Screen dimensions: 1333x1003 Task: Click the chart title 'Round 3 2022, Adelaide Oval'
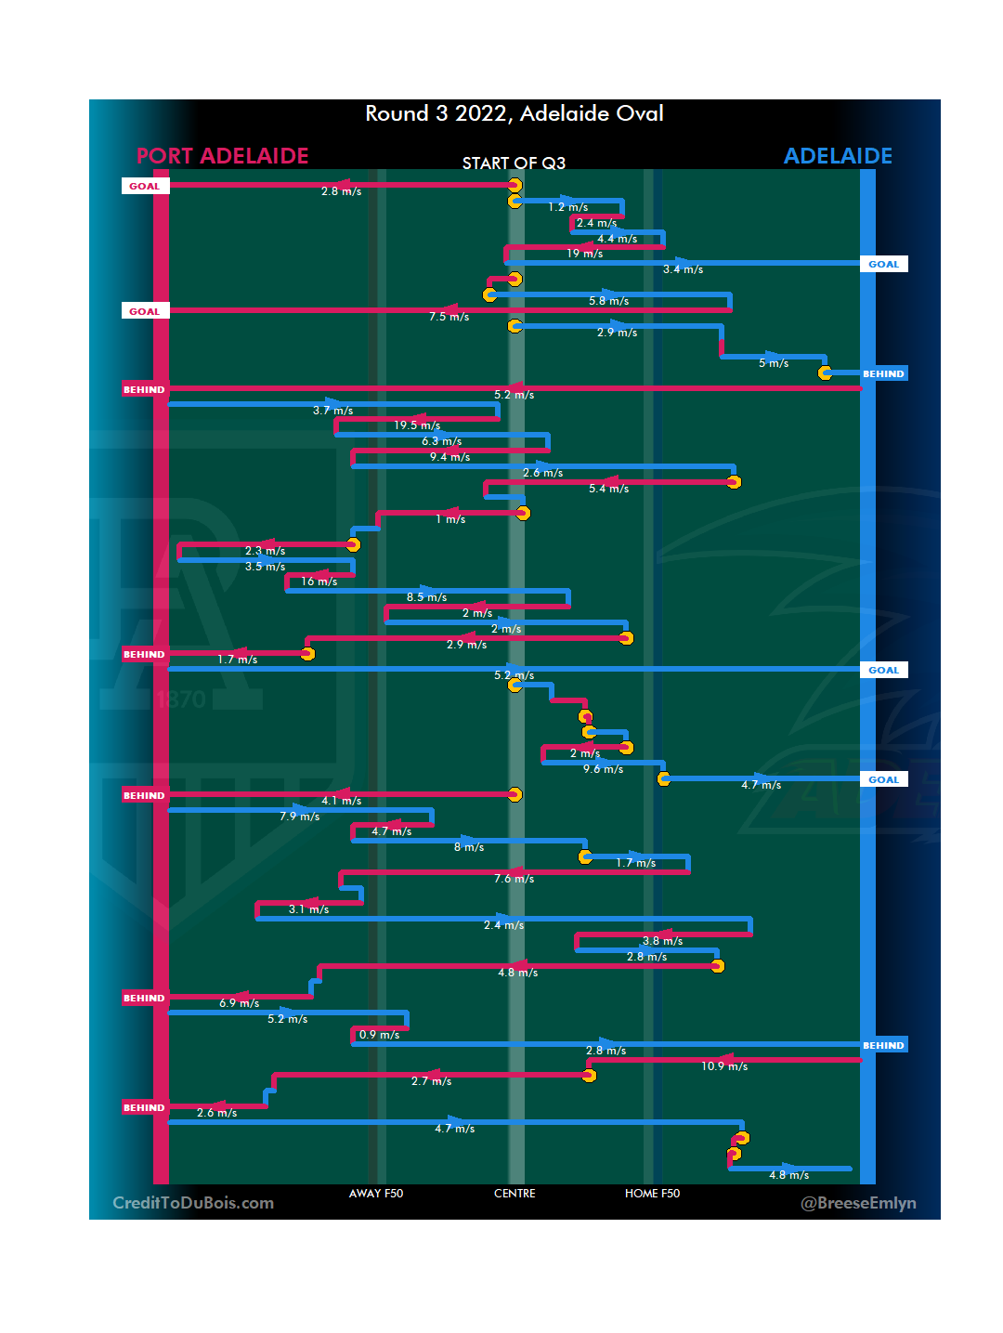point(514,113)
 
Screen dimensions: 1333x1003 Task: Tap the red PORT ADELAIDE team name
point(222,156)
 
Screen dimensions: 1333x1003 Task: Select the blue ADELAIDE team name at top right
point(837,156)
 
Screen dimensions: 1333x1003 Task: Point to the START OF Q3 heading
point(514,163)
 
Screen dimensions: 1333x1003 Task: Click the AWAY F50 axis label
point(375,1194)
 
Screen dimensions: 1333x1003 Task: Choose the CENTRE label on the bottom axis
point(515,1194)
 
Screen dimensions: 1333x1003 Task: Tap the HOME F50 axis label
point(652,1194)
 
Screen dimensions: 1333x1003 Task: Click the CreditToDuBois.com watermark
point(193,1203)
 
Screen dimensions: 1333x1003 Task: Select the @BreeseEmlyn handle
point(858,1203)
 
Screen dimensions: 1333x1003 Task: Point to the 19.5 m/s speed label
point(417,425)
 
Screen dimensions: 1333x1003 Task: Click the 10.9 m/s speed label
point(724,1066)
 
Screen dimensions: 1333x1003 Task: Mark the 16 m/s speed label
point(319,582)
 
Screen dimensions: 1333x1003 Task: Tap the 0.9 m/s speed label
point(379,1035)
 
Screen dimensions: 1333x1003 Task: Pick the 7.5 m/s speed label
point(449,317)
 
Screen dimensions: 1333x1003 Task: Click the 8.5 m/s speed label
point(426,597)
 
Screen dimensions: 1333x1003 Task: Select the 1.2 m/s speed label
point(567,207)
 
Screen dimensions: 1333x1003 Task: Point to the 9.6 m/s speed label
point(603,769)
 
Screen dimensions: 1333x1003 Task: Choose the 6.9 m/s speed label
point(239,1003)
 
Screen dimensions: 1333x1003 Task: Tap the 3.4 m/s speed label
point(683,269)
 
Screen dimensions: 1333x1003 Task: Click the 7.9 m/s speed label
point(299,817)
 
